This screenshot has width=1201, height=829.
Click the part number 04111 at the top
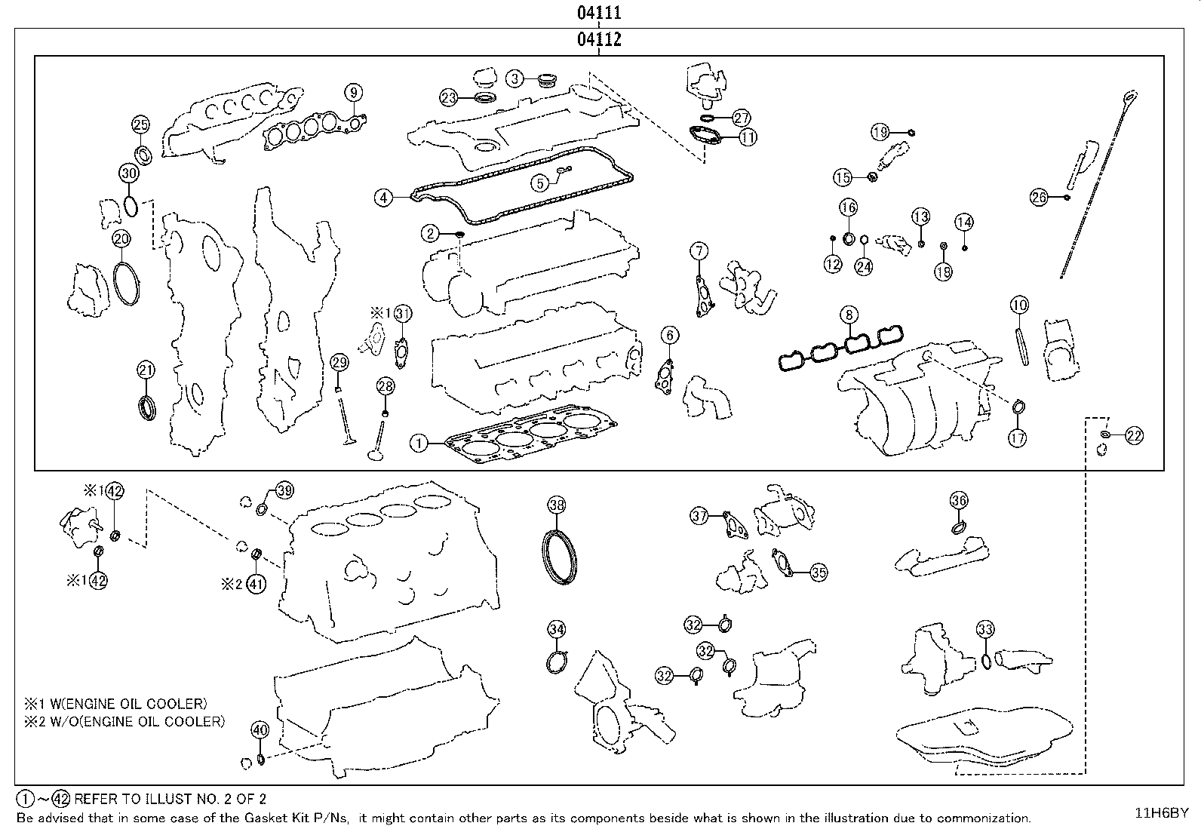(599, 12)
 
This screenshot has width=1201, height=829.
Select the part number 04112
(599, 39)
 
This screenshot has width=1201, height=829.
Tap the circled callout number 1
(419, 444)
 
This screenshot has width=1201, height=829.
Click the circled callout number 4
(383, 198)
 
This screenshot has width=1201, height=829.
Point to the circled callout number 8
(849, 315)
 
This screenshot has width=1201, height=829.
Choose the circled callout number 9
(353, 93)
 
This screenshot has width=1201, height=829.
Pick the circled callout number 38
(557, 505)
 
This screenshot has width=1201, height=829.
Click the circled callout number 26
(1039, 198)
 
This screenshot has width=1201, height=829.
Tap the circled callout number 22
(1134, 436)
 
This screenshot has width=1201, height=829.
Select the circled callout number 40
(260, 729)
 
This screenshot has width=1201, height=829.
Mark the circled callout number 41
(256, 583)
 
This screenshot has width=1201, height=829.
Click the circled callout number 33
(985, 629)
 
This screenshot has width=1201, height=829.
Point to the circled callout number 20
(121, 239)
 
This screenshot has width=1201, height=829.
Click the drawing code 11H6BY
(1162, 813)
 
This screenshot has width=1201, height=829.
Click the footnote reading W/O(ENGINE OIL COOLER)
(138, 722)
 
